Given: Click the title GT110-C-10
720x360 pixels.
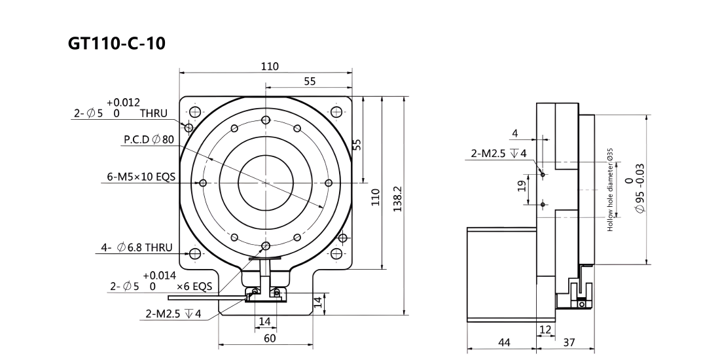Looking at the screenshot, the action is [117, 43].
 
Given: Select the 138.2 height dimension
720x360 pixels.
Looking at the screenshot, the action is [398, 199].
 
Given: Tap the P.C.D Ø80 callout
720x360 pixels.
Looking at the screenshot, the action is [149, 139].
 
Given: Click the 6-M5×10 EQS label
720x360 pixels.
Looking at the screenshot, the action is [141, 176].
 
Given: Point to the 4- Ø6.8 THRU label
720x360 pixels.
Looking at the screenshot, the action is [137, 247].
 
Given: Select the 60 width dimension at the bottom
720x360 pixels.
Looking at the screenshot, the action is [270, 338].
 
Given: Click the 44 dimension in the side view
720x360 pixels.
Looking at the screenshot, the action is [504, 342].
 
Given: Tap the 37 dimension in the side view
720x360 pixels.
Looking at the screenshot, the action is [569, 342].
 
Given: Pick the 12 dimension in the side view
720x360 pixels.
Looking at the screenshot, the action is [545, 329].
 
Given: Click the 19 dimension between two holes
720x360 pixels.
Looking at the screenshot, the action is [522, 186].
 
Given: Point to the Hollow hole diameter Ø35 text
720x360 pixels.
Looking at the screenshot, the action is [610, 190].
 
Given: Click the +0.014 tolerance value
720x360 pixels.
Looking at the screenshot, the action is [159, 276].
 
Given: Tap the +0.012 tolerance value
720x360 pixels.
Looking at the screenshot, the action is [124, 102].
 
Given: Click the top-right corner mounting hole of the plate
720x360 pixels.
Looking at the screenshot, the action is [336, 111].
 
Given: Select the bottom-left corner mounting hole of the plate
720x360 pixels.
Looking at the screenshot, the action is [195, 253].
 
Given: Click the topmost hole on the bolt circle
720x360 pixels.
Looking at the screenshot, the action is [265, 120].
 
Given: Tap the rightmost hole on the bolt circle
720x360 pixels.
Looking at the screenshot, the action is [329, 183].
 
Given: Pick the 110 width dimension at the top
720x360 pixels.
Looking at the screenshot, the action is [270, 66].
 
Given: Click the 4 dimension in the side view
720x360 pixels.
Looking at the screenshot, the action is [514, 133].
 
